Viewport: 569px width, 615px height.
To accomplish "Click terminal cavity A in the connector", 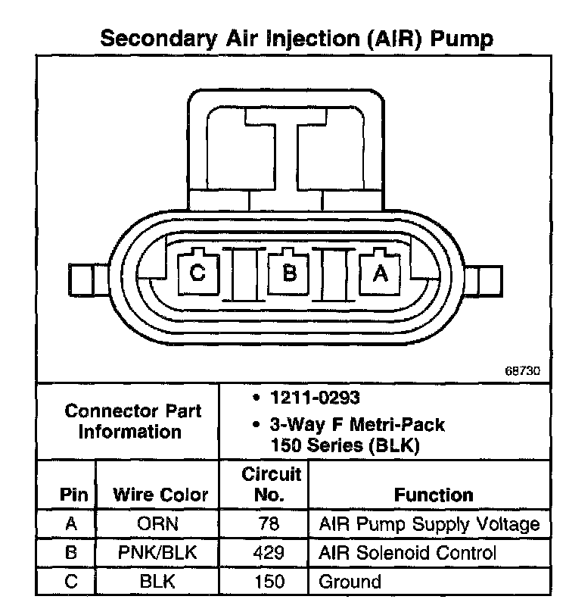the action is [380, 273].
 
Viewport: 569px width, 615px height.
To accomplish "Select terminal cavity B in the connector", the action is [288, 273].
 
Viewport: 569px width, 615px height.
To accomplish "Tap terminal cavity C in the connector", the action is [197, 273].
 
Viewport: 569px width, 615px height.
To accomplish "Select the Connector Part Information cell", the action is [132, 422].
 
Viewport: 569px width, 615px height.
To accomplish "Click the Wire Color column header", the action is [160, 495].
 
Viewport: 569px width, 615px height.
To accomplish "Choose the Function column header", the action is [434, 495].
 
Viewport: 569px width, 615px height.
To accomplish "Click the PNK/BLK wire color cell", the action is [158, 554].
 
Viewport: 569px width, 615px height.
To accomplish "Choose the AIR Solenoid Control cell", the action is [407, 554].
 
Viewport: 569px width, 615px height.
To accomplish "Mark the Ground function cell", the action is [350, 582].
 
